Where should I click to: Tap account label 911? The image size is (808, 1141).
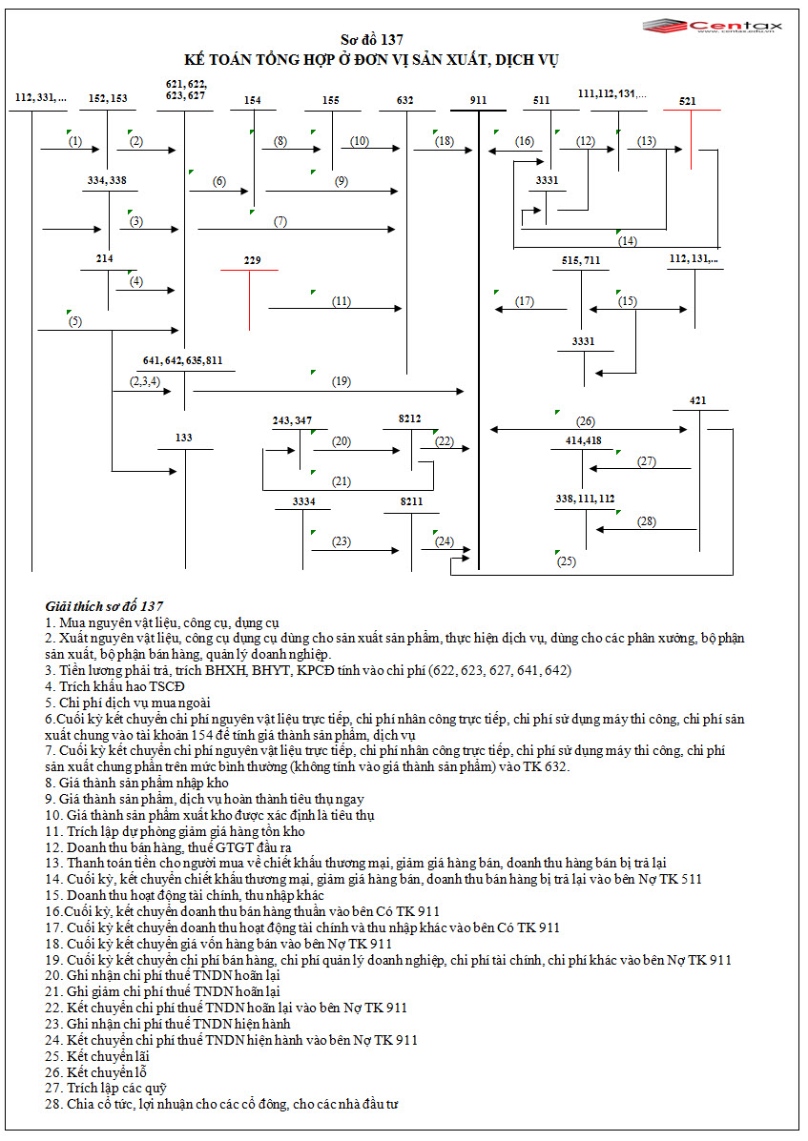pyautogui.click(x=478, y=100)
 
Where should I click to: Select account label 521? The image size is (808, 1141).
pyautogui.click(x=688, y=100)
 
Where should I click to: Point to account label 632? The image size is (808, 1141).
pyautogui.click(x=405, y=99)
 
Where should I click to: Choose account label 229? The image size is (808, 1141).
pyautogui.click(x=252, y=260)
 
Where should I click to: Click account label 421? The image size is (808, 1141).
pyautogui.click(x=698, y=400)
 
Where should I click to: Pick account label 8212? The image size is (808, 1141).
pyautogui.click(x=410, y=418)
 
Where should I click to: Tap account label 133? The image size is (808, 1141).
pyautogui.click(x=184, y=438)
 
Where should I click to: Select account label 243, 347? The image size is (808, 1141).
pyautogui.click(x=292, y=420)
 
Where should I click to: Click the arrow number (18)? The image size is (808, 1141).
pyautogui.click(x=445, y=141)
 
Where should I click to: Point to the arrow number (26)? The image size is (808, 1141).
pyautogui.click(x=586, y=421)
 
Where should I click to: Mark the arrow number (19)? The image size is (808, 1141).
pyautogui.click(x=342, y=382)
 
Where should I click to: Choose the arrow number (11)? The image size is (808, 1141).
pyautogui.click(x=342, y=301)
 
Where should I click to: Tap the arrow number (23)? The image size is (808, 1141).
pyautogui.click(x=342, y=541)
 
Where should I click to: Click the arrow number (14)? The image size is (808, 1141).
pyautogui.click(x=627, y=241)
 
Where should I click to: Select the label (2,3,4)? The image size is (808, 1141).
pyautogui.click(x=144, y=381)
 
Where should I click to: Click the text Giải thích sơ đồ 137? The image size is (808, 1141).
pyautogui.click(x=104, y=606)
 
